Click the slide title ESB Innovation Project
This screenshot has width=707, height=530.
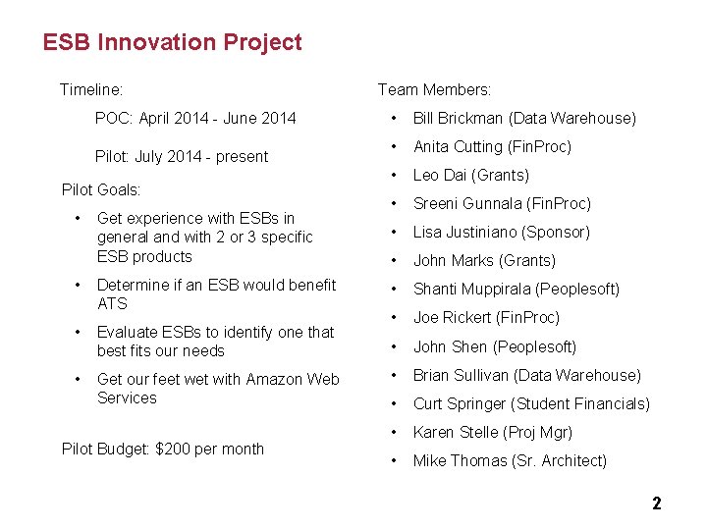172,43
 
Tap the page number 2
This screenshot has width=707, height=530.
657,504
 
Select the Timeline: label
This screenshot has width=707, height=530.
91,90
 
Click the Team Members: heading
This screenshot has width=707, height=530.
434,90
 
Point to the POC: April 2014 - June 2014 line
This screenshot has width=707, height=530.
194,119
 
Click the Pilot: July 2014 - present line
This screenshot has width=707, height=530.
181,157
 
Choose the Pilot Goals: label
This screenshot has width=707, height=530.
101,189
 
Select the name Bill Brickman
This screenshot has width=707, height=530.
459,119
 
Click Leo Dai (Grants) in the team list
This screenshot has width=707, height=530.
470,176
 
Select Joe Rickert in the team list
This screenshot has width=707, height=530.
453,318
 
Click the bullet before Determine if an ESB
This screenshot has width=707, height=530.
78,286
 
